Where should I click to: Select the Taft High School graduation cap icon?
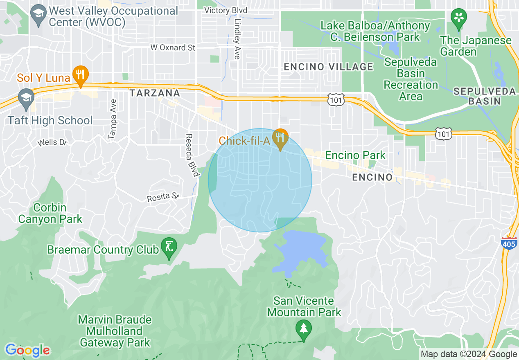click(26, 99)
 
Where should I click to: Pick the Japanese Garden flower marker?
click(459, 18)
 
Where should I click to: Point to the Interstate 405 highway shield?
click(508, 242)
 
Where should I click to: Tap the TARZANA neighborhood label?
click(155, 93)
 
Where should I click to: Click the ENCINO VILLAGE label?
click(329, 67)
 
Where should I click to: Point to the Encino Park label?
click(355, 155)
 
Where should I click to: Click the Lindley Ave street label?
click(237, 39)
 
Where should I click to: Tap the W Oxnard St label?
click(173, 47)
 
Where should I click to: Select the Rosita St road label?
click(163, 197)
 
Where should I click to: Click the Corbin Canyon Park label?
click(50, 213)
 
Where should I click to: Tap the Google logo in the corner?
click(28, 351)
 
